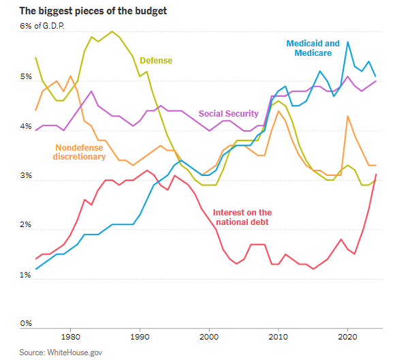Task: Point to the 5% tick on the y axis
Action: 26,77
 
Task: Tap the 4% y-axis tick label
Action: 26,127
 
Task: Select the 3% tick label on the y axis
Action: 26,177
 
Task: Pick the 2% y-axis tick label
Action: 26,226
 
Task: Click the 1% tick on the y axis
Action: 26,275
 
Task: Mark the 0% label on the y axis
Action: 26,325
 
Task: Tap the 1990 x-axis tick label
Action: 140,337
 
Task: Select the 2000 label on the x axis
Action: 209,337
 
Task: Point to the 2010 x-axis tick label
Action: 279,337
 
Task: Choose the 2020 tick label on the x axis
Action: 348,337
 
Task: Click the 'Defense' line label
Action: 156,60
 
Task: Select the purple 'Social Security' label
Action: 228,113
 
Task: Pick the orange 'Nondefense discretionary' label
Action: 79,151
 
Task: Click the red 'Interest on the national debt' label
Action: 242,217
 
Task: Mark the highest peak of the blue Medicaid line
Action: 348,42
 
